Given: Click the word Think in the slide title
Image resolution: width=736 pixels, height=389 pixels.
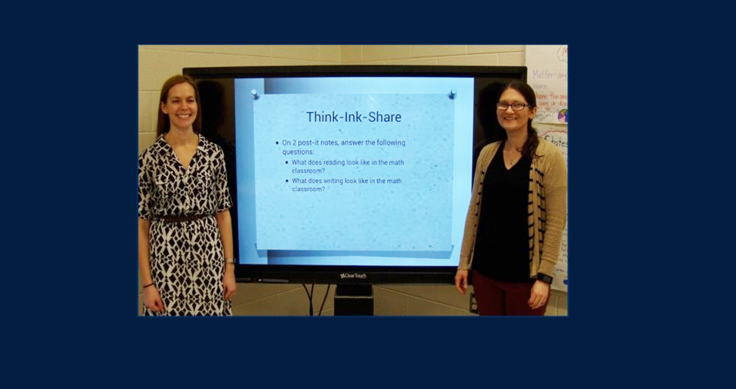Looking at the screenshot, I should (323, 117).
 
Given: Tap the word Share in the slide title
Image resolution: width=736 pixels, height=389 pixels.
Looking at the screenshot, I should (384, 117).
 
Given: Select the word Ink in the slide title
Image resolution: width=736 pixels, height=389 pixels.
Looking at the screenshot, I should (353, 117).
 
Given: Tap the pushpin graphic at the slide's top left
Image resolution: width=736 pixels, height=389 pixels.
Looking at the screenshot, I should (255, 94).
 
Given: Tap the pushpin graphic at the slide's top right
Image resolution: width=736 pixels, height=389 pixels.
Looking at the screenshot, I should (452, 94).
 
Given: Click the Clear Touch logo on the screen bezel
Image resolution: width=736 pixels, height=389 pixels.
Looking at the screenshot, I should (353, 276).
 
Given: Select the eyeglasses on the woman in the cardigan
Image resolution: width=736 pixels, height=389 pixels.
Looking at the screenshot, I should (512, 106).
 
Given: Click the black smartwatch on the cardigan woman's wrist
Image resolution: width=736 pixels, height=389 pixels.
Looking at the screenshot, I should (544, 278).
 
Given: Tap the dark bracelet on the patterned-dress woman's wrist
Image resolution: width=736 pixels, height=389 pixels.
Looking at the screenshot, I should (148, 285).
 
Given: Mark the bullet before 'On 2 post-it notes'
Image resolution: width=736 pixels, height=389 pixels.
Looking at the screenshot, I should (277, 143).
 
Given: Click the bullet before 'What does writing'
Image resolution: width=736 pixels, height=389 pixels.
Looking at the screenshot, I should (287, 181).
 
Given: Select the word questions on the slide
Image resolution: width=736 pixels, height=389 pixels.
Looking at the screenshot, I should (297, 151).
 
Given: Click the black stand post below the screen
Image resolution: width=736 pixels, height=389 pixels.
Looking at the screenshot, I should (353, 300).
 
